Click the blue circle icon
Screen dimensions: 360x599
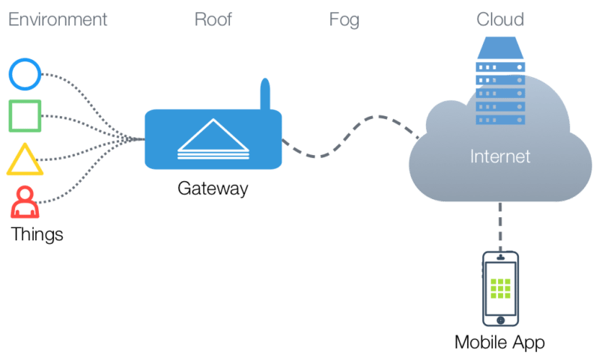pyautogui.click(x=25, y=74)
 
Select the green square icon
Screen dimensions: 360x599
pyautogui.click(x=25, y=116)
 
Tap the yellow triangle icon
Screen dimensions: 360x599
pyautogui.click(x=25, y=159)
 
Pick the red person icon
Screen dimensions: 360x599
pyautogui.click(x=25, y=201)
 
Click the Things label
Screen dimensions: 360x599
pyautogui.click(x=37, y=234)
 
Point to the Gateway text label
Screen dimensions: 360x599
pyautogui.click(x=213, y=188)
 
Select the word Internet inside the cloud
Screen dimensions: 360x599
pyautogui.click(x=499, y=156)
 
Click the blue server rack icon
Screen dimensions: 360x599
pyautogui.click(x=500, y=86)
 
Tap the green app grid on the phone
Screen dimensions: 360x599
pyautogui.click(x=500, y=287)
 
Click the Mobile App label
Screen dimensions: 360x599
pyautogui.click(x=499, y=343)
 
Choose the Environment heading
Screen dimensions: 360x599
pyautogui.click(x=57, y=19)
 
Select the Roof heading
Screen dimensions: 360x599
pyautogui.click(x=213, y=19)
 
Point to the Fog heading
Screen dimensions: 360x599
pyautogui.click(x=344, y=19)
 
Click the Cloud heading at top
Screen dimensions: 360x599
pyautogui.click(x=500, y=19)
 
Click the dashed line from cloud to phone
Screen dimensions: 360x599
pyautogui.click(x=500, y=228)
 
